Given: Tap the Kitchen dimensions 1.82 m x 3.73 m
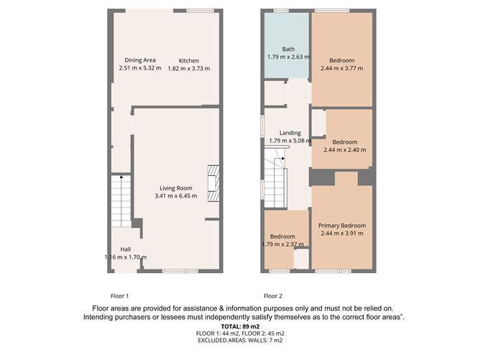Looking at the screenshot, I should tap(189, 68).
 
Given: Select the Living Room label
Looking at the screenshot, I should tap(176, 188).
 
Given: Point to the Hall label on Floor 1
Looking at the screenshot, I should tap(125, 249).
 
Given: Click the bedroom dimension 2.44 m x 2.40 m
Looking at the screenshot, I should tap(345, 150).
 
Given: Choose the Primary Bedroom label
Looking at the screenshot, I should tap(343, 226).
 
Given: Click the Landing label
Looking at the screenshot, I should tap(290, 133).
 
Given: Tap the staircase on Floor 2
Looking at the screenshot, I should tap(275, 175).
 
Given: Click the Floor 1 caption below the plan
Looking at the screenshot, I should tap(119, 296).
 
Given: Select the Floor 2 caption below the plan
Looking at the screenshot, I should tap(272, 296).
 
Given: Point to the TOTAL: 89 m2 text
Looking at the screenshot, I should tap(239, 326).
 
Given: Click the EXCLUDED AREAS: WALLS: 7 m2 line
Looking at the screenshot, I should tap(239, 341).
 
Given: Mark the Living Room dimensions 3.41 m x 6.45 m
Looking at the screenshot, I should tap(176, 195).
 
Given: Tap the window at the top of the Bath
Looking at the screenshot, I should tap(280, 10).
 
